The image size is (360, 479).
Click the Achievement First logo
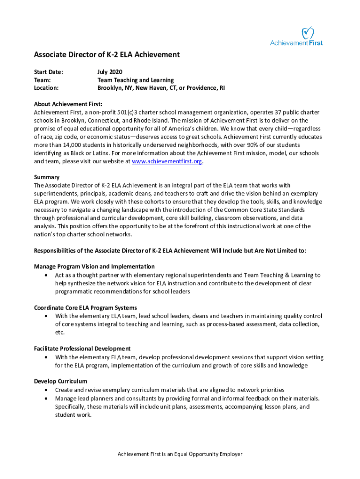coord(296,36)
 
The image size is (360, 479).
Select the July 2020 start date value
coord(109,72)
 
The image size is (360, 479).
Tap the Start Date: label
coord(48,72)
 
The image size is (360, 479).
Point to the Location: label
coord(46,87)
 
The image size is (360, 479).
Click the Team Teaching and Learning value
coord(136,80)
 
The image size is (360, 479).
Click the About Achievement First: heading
coord(68,104)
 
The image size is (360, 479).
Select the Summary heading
coord(47,177)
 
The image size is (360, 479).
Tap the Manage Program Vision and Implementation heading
coord(94,266)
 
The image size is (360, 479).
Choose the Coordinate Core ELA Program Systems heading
coord(86,307)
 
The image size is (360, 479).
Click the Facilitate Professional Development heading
coord(82,348)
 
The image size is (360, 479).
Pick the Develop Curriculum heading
coord(60,381)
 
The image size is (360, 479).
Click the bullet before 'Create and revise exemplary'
coord(45,390)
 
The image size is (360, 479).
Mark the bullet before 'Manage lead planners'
coord(45,399)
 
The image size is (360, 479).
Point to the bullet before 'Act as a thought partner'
coord(45,275)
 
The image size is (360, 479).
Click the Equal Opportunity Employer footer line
coord(180,454)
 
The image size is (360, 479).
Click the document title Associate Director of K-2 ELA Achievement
coord(107,55)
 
